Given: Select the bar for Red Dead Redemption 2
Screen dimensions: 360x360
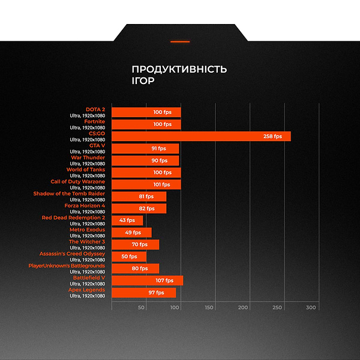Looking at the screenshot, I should [x=127, y=220].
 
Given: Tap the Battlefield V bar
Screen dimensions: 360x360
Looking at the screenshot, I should [x=147, y=280].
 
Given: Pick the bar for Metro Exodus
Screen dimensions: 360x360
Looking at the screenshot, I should [x=131, y=232].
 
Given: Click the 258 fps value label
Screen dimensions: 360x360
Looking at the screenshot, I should [x=272, y=136].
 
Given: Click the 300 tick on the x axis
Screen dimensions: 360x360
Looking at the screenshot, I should [x=311, y=307].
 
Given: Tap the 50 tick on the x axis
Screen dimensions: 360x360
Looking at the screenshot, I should [x=142, y=307].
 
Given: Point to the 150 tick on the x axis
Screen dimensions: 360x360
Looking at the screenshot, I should [x=209, y=307].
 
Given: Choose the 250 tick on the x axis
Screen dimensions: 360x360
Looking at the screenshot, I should [x=277, y=307].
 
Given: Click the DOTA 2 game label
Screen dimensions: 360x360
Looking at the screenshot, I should [x=95, y=110].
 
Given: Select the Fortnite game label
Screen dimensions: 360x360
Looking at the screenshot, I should [x=94, y=122].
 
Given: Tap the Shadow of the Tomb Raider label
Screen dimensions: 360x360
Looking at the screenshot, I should [x=69, y=194].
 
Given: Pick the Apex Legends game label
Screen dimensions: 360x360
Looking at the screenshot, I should [x=87, y=290].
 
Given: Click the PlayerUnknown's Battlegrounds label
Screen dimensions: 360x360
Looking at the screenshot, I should [x=67, y=266].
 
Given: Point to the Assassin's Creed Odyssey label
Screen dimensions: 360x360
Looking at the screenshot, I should [x=72, y=254].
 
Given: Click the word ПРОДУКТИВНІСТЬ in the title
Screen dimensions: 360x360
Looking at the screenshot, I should [x=179, y=70].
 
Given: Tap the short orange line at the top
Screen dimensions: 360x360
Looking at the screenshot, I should [x=180, y=41].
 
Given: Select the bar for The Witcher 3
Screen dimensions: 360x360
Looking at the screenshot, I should [x=135, y=244].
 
